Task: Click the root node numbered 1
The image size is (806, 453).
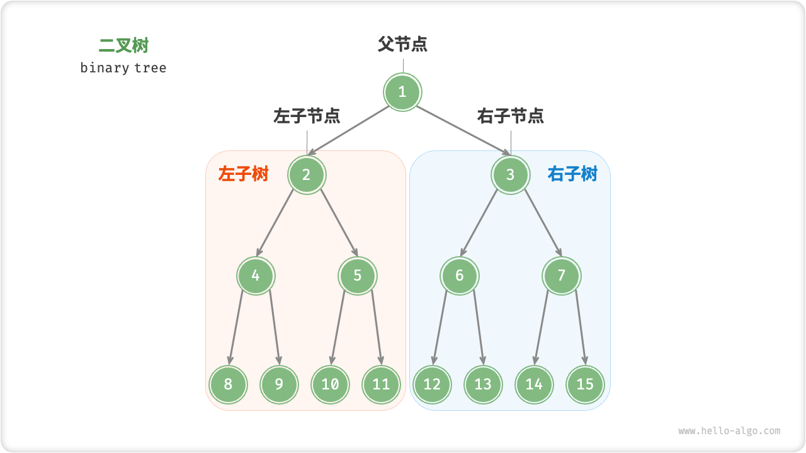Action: [x=402, y=92]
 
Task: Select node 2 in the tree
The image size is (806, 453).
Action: [x=307, y=174]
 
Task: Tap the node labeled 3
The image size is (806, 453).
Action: [x=510, y=174]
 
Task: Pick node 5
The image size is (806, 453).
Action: [x=358, y=276]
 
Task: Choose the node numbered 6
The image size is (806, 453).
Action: [x=459, y=276]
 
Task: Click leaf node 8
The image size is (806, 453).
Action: [x=228, y=384]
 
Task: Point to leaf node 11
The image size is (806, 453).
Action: [x=381, y=384]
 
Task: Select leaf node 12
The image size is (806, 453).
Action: [x=432, y=384]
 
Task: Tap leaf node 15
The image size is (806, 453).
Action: [x=585, y=384]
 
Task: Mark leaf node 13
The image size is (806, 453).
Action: [x=483, y=384]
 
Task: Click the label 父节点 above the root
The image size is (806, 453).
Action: [x=403, y=44]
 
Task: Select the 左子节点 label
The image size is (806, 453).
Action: [x=307, y=116]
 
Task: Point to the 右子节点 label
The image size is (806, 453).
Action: [x=511, y=116]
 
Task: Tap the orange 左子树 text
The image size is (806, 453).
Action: [x=244, y=174]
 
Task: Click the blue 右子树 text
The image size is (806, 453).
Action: [x=572, y=174]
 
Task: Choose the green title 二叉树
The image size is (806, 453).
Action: [x=124, y=45]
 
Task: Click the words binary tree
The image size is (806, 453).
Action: [x=123, y=68]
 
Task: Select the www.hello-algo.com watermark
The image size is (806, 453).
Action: [x=729, y=431]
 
